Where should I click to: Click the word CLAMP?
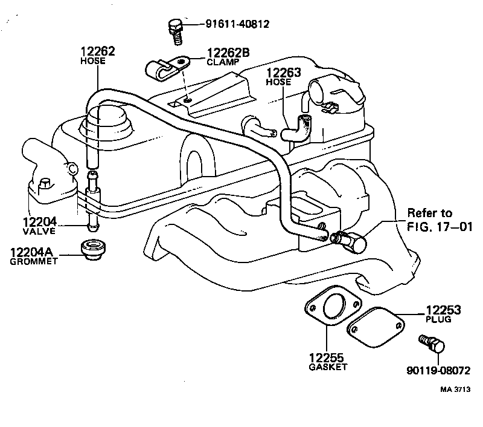click(222, 62)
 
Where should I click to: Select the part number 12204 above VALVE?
click(39, 221)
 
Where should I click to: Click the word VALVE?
click(39, 231)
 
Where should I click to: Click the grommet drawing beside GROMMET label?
click(92, 250)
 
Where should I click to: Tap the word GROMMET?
click(34, 261)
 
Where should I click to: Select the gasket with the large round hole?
click(331, 308)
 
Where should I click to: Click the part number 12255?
click(326, 357)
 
